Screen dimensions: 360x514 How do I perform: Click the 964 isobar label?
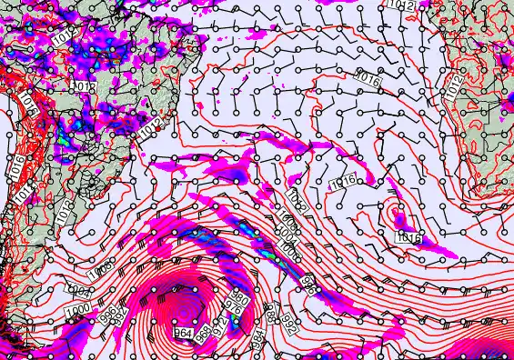pos(183,334)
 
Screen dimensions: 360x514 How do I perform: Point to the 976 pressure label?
pos(235,308)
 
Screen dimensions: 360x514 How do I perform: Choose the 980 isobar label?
pos(239,297)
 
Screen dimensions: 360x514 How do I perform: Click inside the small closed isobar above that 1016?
pos(398,216)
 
